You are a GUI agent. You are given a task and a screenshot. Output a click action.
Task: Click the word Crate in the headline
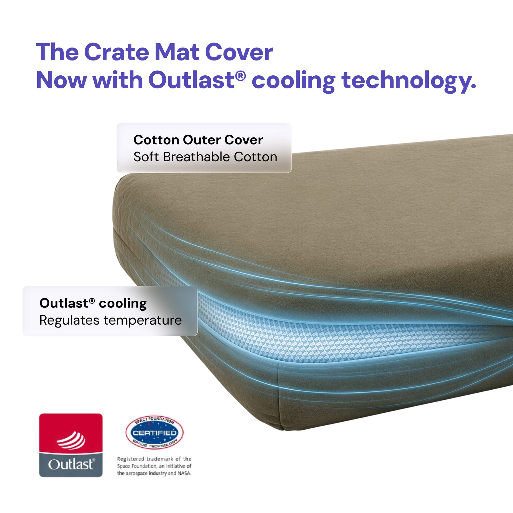(x=116, y=52)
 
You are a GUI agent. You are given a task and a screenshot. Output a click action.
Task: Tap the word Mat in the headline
(x=177, y=52)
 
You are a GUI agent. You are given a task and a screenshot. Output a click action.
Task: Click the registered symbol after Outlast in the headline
(x=240, y=76)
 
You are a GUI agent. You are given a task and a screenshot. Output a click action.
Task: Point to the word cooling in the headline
(x=294, y=81)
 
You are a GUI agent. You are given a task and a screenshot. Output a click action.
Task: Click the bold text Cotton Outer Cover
(x=198, y=140)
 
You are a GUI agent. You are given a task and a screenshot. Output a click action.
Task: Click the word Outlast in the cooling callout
(x=64, y=303)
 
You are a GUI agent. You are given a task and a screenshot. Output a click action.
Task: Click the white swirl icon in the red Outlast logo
(x=71, y=441)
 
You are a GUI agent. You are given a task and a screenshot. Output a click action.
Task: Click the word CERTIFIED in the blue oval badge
(x=154, y=433)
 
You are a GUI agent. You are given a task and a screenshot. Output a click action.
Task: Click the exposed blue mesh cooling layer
(x=332, y=335)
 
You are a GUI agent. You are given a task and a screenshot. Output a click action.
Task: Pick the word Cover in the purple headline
(x=239, y=52)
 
